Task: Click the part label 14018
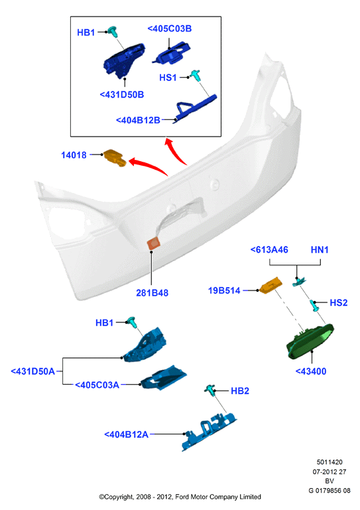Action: [x=74, y=155]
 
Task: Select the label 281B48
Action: [x=152, y=292]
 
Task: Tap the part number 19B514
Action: [x=224, y=290]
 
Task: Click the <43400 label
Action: [x=310, y=371]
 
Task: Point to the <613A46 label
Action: [x=269, y=250]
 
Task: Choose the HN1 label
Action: [x=320, y=250]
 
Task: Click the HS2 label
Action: [x=339, y=302]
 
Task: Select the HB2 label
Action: [x=240, y=391]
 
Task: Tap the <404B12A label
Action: [x=126, y=434]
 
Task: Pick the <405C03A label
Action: [x=97, y=385]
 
